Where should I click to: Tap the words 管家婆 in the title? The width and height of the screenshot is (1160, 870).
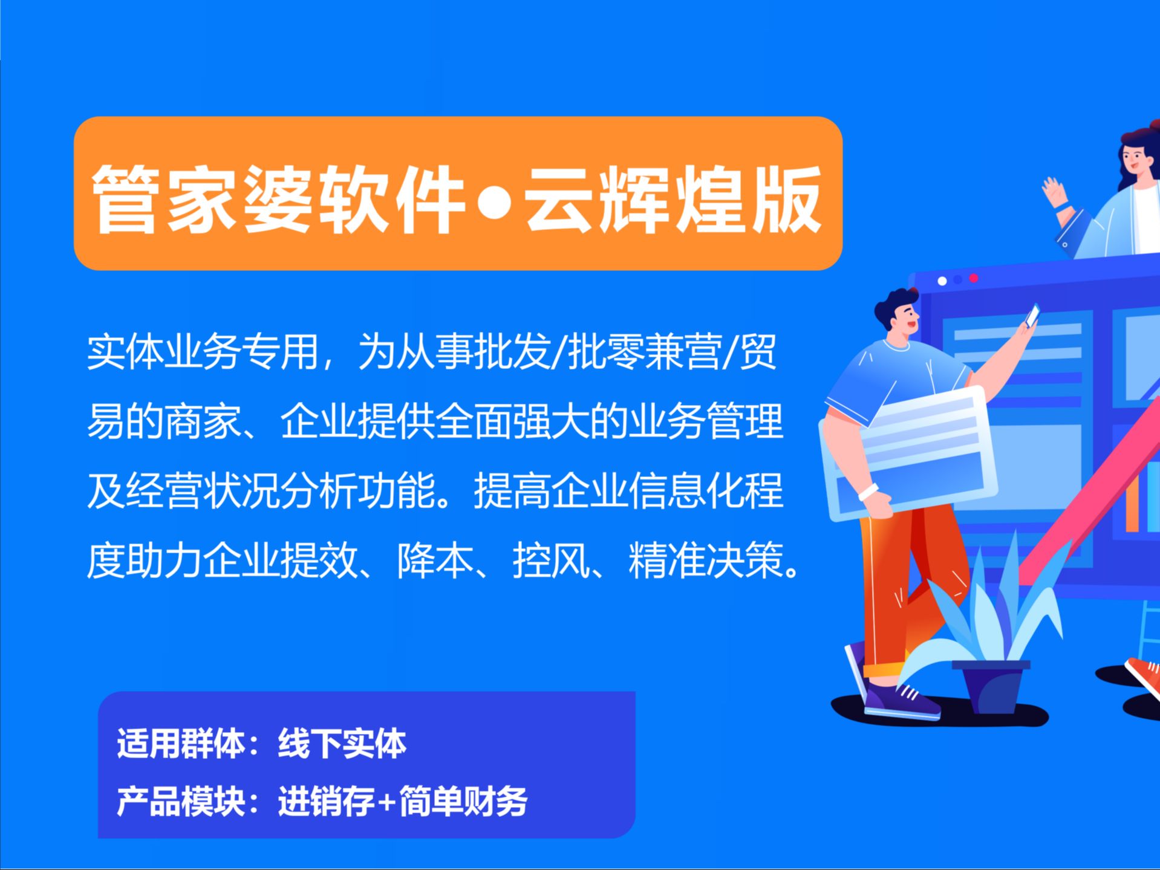pos(202,200)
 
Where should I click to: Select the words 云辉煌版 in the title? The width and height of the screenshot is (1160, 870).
pos(674,200)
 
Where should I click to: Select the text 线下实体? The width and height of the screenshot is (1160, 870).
pos(342,743)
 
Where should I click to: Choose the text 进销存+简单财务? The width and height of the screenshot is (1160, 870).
pos(403,801)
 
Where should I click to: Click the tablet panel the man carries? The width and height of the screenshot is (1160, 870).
pos(907,453)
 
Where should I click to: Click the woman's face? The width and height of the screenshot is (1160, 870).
pos(1132,158)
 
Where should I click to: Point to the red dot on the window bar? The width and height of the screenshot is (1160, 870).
pos(974,278)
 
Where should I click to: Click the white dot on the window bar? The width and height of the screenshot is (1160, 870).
pos(942,281)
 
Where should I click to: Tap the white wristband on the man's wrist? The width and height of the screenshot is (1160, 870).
pos(868,492)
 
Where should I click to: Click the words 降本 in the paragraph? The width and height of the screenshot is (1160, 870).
pos(435,560)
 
